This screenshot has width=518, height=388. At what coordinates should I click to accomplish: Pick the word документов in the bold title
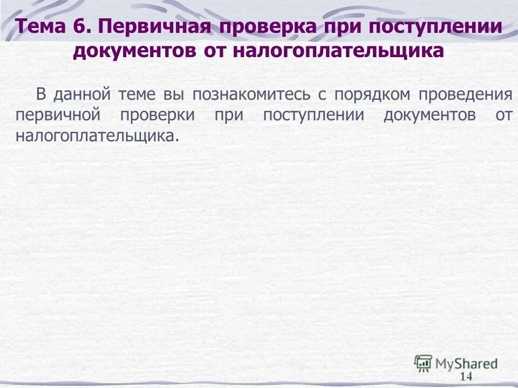pyautogui.click(x=131, y=51)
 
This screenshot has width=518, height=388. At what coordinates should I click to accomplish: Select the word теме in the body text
pyautogui.click(x=136, y=95)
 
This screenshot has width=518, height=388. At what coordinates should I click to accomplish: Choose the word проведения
pyautogui.click(x=466, y=95)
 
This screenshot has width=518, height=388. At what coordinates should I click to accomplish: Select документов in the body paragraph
pyautogui.click(x=430, y=115)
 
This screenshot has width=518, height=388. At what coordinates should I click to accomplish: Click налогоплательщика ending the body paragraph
pyautogui.click(x=97, y=136)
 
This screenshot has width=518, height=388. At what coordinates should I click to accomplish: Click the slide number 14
pyautogui.click(x=466, y=377)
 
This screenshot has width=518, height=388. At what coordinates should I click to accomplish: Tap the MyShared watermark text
pyautogui.click(x=467, y=363)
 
